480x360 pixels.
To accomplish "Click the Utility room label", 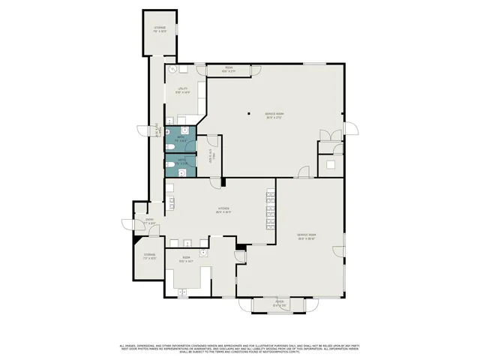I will [x=182, y=90].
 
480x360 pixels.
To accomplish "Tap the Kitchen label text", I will [x=223, y=210].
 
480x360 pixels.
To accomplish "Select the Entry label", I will [x=151, y=221].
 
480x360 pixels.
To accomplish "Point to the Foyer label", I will [x=280, y=304].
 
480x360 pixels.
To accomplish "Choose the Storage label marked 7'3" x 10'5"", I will [x=150, y=256].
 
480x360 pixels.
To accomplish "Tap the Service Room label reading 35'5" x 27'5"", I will [x=274, y=115].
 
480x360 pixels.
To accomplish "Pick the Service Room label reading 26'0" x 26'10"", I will [x=306, y=237].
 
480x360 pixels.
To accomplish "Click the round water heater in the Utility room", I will [x=172, y=68].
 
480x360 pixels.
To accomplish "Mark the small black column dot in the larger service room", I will [x=250, y=114].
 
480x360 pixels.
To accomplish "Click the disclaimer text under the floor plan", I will [x=240, y=349].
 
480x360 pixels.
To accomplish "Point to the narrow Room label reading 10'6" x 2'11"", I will [x=229, y=70].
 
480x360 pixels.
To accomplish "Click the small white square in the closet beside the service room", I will [x=330, y=163].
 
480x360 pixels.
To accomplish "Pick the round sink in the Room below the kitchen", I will [x=202, y=253].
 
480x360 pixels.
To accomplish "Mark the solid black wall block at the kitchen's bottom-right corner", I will [x=240, y=246].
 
